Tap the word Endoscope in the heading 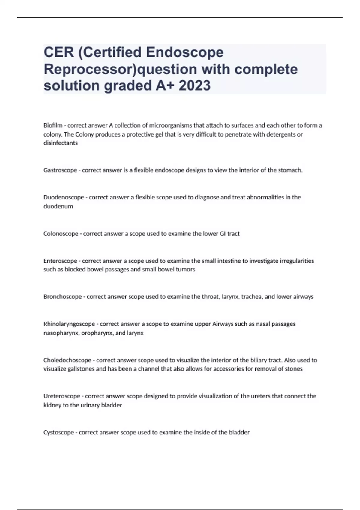185,52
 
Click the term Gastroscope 60,170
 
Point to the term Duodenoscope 64,197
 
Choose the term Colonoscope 61,234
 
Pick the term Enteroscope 60,261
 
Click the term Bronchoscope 62,297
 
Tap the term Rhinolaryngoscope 69,324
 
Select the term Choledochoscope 67,360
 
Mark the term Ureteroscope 62,396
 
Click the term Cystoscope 58,432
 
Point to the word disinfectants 61,143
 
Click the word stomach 291,170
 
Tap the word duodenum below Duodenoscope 58,206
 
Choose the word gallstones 81,369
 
